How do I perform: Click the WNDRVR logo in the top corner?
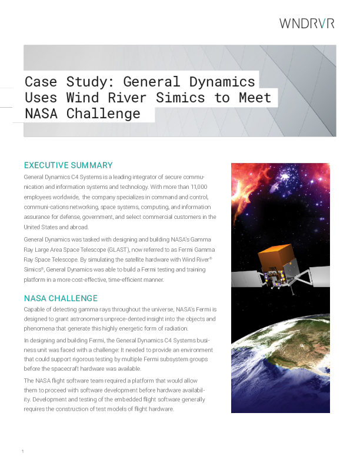[x=306, y=24]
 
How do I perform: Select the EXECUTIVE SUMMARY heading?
[x=68, y=165]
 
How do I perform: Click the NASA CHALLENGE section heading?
[x=61, y=298]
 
